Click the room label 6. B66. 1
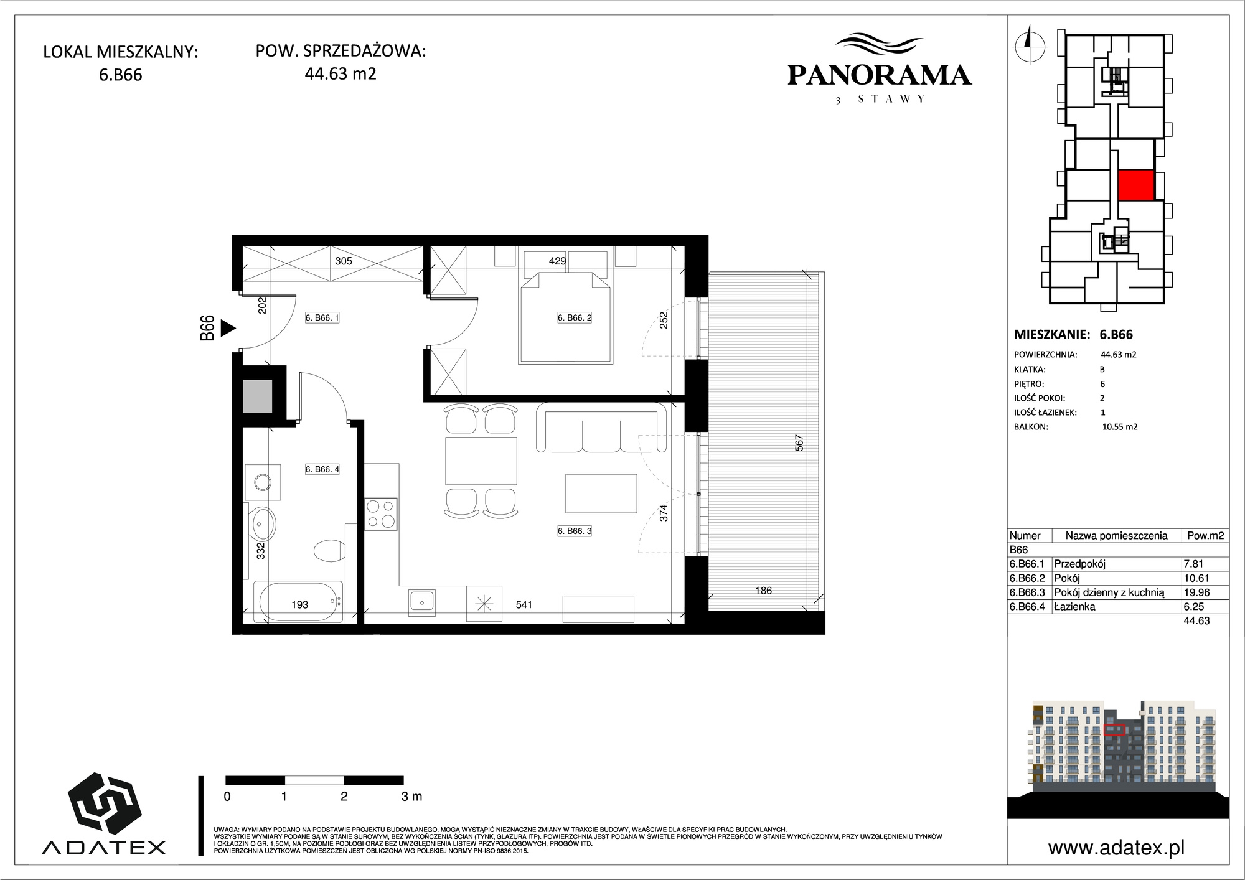point(322,318)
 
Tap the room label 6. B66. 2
point(575,318)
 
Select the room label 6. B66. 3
point(575,531)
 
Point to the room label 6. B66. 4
point(322,470)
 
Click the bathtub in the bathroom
point(300,602)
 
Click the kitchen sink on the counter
point(422,602)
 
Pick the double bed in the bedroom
point(565,317)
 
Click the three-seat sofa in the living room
point(603,428)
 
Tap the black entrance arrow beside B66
point(228,328)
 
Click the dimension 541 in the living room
point(524,605)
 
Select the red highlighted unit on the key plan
point(1136,185)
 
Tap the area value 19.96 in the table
point(1196,592)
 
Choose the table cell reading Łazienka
point(1075,607)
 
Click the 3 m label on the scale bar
point(412,797)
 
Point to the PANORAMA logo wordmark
point(880,75)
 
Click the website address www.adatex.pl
point(1116,848)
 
